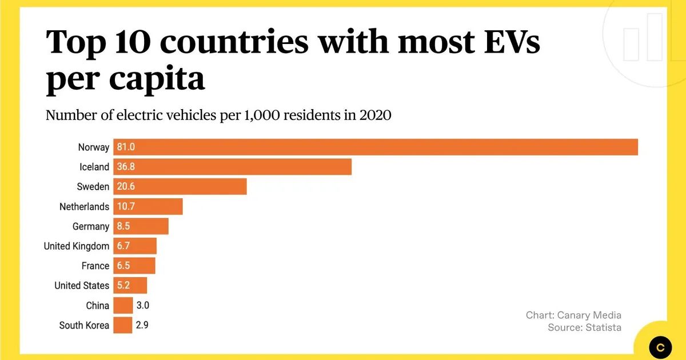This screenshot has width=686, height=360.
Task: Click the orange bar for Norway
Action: [376, 147]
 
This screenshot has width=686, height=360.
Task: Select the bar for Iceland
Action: [232, 167]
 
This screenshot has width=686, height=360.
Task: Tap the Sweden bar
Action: [180, 187]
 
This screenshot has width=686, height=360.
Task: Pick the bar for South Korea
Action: [123, 325]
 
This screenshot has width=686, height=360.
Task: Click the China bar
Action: [123, 306]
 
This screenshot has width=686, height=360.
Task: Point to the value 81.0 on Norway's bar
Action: [125, 147]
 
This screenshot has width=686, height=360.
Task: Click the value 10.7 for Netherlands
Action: [125, 207]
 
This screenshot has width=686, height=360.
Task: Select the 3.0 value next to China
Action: [142, 306]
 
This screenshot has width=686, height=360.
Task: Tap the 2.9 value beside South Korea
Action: [142, 326]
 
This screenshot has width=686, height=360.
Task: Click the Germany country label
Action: [90, 227]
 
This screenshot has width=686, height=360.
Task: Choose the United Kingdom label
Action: [76, 246]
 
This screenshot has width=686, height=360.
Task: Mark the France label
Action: [95, 266]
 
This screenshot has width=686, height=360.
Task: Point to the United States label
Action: [81, 286]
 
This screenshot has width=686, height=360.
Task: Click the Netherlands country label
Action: [84, 207]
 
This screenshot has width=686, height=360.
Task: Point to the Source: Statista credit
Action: [584, 327]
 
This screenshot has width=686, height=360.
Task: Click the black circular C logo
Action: [661, 347]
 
